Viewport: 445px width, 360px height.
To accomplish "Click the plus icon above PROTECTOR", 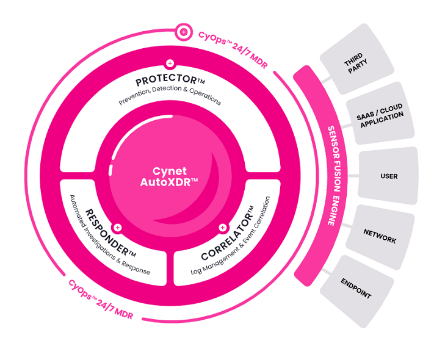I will [170, 63].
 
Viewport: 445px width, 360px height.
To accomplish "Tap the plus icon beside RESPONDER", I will [118, 228].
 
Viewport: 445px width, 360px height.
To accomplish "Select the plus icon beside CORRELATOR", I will [222, 228].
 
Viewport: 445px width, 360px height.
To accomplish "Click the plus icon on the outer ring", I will [183, 31].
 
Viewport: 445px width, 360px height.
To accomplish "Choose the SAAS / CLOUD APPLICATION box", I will [379, 113].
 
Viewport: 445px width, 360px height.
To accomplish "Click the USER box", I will [388, 176].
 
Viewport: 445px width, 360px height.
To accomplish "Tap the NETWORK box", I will [379, 236].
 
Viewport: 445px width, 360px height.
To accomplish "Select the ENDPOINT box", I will [356, 287].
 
